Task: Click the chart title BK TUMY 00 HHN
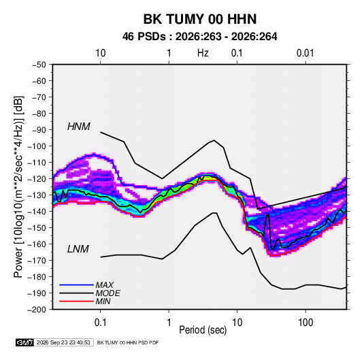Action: coord(200,19)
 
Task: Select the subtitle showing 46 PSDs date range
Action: coord(199,37)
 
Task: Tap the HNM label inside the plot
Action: coord(79,127)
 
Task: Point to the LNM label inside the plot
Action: coord(78,249)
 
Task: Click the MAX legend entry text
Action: coord(105,285)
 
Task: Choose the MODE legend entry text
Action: coord(108,293)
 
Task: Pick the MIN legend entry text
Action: coord(103,301)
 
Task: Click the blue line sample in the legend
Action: coord(76,285)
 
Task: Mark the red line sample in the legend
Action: coord(76,301)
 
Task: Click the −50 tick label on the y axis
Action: coord(39,65)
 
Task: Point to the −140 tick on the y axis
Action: coord(37,212)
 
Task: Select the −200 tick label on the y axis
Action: coord(37,310)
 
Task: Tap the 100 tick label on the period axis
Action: coord(305,323)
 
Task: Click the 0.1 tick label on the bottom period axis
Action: coord(100,323)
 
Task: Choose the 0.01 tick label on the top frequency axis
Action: coord(305,53)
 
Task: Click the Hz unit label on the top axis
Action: coord(203,53)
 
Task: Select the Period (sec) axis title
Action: coord(203,330)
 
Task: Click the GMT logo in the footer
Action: coord(25,342)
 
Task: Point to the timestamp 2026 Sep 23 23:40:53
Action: coord(63,342)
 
